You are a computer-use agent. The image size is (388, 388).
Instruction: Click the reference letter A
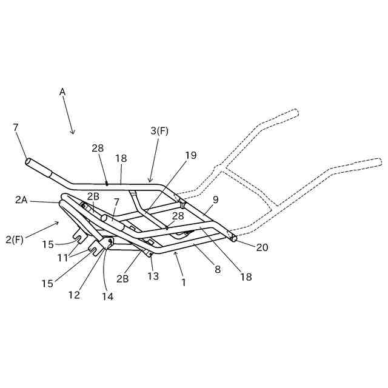[x=62, y=92]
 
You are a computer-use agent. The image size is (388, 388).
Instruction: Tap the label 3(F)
[x=159, y=131]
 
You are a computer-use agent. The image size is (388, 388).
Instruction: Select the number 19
[x=190, y=155]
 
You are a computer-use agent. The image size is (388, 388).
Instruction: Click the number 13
[x=153, y=276]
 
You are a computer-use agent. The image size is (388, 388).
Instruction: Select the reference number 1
[x=184, y=282]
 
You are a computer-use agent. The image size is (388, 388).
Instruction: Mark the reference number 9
[x=215, y=199]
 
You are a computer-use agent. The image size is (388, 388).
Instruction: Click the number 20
[x=262, y=247]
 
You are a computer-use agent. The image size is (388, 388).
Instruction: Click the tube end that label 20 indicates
[x=233, y=238]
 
